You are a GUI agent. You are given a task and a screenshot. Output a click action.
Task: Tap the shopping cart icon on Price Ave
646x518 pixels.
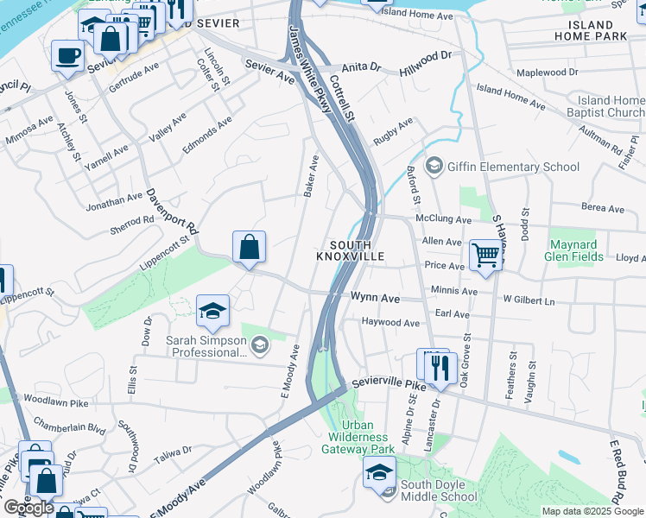pos(486,255)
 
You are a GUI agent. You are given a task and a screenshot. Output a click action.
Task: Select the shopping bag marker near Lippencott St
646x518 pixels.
pos(249,248)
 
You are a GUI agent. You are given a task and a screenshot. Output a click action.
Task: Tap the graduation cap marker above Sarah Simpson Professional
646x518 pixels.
pos(212,313)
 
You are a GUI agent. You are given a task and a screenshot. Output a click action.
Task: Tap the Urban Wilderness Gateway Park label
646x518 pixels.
pos(358,437)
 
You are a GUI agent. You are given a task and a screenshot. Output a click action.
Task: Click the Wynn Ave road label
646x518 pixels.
pos(375,298)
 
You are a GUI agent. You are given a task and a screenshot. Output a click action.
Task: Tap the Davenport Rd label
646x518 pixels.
pos(171,212)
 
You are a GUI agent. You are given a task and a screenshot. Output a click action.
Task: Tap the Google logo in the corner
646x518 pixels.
pos(28,508)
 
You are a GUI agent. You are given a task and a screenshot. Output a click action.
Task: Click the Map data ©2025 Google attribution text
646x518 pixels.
pos(592,511)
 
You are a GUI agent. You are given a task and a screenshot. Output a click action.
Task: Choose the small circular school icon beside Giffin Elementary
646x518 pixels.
pos(434,166)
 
